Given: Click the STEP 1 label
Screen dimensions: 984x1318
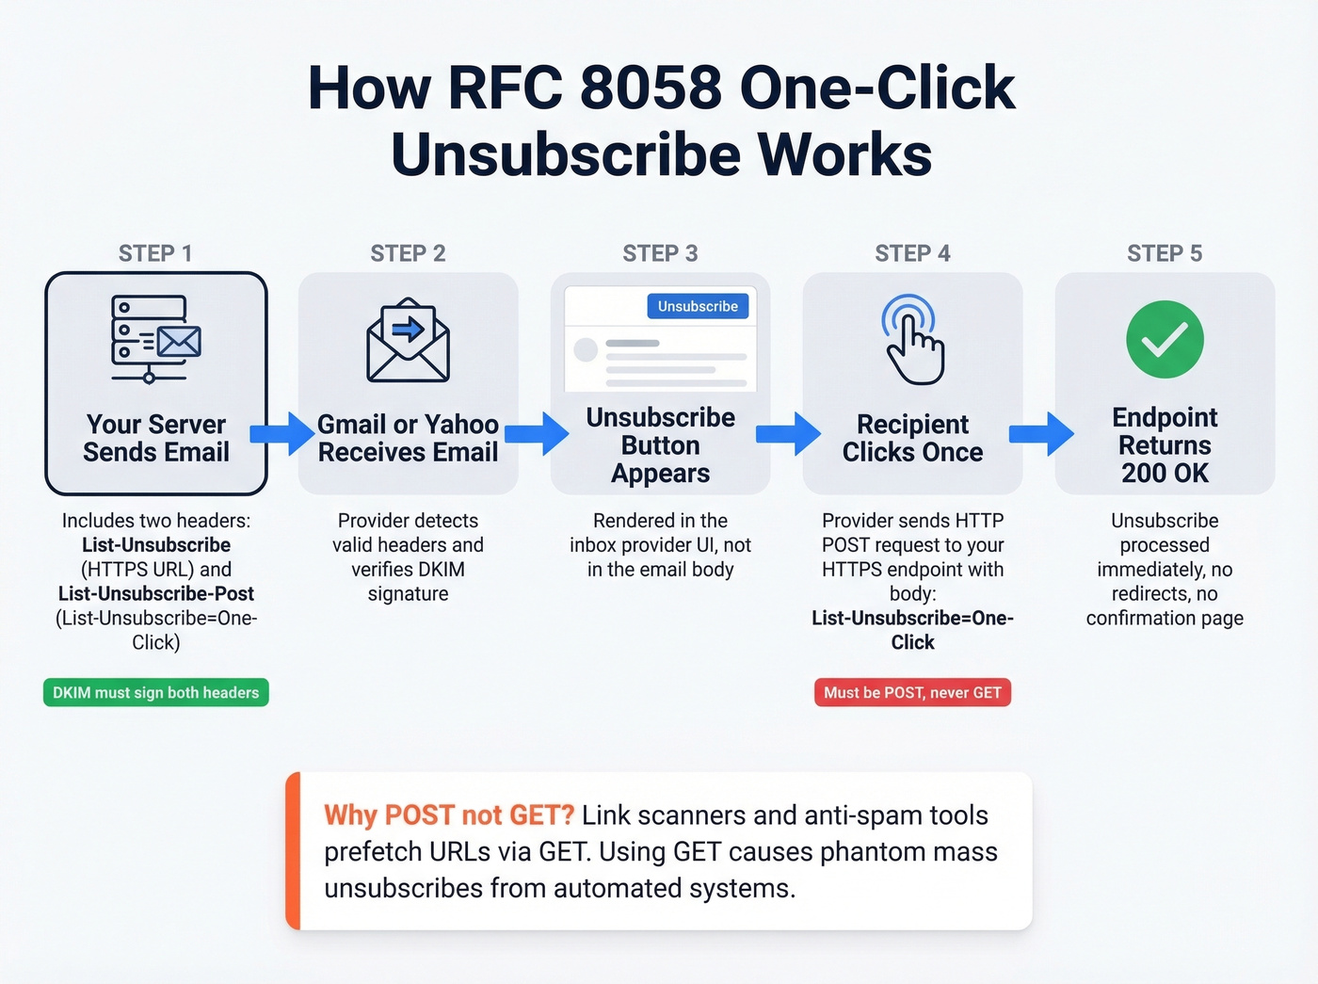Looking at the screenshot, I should tap(155, 253).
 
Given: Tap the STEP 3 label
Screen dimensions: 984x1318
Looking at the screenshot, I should tap(660, 253).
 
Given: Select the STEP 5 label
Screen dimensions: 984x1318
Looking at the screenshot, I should tap(1165, 253).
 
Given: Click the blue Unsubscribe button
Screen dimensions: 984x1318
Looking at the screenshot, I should tap(698, 306).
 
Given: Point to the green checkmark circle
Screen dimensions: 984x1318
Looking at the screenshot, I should tap(1165, 339).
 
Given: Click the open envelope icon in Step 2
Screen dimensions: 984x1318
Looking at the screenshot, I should tap(408, 340).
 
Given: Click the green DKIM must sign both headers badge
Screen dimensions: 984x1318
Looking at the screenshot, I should tap(156, 692).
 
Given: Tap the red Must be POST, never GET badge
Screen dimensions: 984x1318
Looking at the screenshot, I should tap(912, 692).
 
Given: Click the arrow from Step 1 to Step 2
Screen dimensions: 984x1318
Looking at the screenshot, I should tap(282, 433).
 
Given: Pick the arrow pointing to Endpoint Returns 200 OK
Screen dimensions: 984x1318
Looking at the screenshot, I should tap(1041, 433).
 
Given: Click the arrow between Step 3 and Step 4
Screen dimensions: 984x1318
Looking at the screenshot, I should tap(788, 433).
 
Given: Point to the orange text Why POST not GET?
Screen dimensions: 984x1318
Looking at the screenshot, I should tap(448, 815).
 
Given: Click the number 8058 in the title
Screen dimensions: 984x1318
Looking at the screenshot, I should tap(651, 89).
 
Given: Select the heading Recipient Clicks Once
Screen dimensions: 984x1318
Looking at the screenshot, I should tap(912, 438).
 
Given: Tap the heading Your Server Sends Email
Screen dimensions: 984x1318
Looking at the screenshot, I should tap(156, 438).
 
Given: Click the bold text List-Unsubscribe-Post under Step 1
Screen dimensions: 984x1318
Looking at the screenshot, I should tap(156, 593).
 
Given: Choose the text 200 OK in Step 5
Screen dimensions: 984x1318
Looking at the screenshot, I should tap(1165, 473).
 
